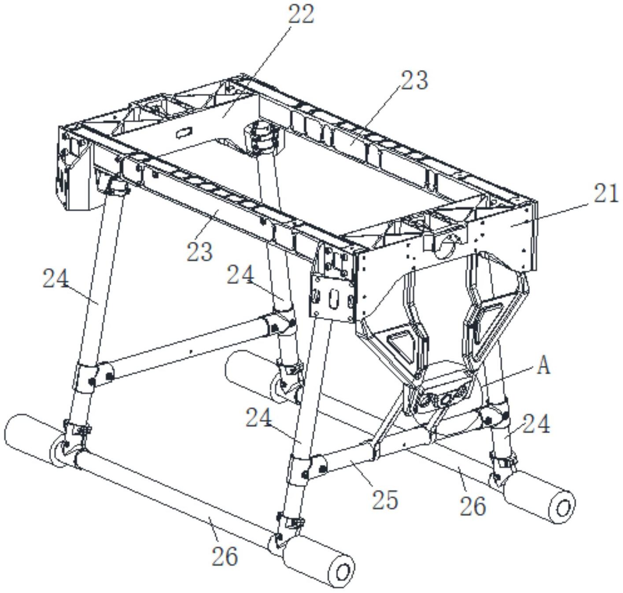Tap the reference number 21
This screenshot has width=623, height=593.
[x=606, y=194]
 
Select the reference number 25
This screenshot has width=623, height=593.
[x=385, y=500]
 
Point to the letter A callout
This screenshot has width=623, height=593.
[x=544, y=365]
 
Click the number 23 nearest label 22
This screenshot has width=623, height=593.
[x=414, y=80]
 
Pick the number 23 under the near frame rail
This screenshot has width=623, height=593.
[x=200, y=252]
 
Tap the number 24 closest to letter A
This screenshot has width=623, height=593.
[x=537, y=424]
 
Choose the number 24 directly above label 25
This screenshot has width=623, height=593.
[x=259, y=417]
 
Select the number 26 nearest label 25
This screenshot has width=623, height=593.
[x=473, y=506]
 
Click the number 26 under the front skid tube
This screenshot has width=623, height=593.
[x=225, y=556]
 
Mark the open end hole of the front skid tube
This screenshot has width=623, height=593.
[x=343, y=572]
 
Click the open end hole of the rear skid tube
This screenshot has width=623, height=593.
[x=563, y=508]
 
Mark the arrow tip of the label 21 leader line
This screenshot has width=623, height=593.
[x=511, y=225]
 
